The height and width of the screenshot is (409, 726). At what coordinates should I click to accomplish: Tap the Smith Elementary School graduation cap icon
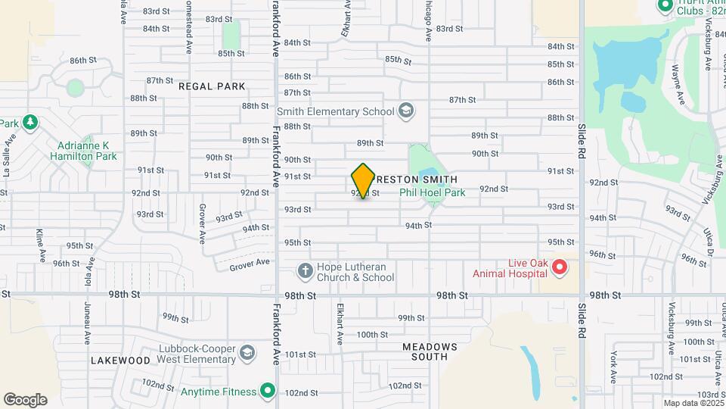click(x=406, y=111)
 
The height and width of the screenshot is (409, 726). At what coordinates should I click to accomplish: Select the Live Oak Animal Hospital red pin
click(x=559, y=267)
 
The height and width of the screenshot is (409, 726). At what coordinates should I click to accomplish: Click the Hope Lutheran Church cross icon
click(x=305, y=270)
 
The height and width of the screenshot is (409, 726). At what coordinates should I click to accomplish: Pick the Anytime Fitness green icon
click(x=267, y=391)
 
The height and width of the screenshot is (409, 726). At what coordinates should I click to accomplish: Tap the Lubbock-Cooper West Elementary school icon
click(x=247, y=353)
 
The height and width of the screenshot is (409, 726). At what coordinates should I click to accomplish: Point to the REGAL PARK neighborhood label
click(x=212, y=86)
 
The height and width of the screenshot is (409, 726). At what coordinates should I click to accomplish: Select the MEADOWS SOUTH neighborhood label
click(x=430, y=351)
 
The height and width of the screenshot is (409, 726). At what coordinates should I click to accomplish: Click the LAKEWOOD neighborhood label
click(x=120, y=361)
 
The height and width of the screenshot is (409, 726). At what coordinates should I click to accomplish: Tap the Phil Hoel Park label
click(x=433, y=192)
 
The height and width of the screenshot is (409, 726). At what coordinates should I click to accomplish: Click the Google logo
click(x=25, y=400)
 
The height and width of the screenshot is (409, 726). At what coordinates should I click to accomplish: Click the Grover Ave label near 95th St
click(x=250, y=262)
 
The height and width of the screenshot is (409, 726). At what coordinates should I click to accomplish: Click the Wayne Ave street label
click(x=677, y=85)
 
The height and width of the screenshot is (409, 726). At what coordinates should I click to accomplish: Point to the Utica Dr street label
click(x=710, y=241)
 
